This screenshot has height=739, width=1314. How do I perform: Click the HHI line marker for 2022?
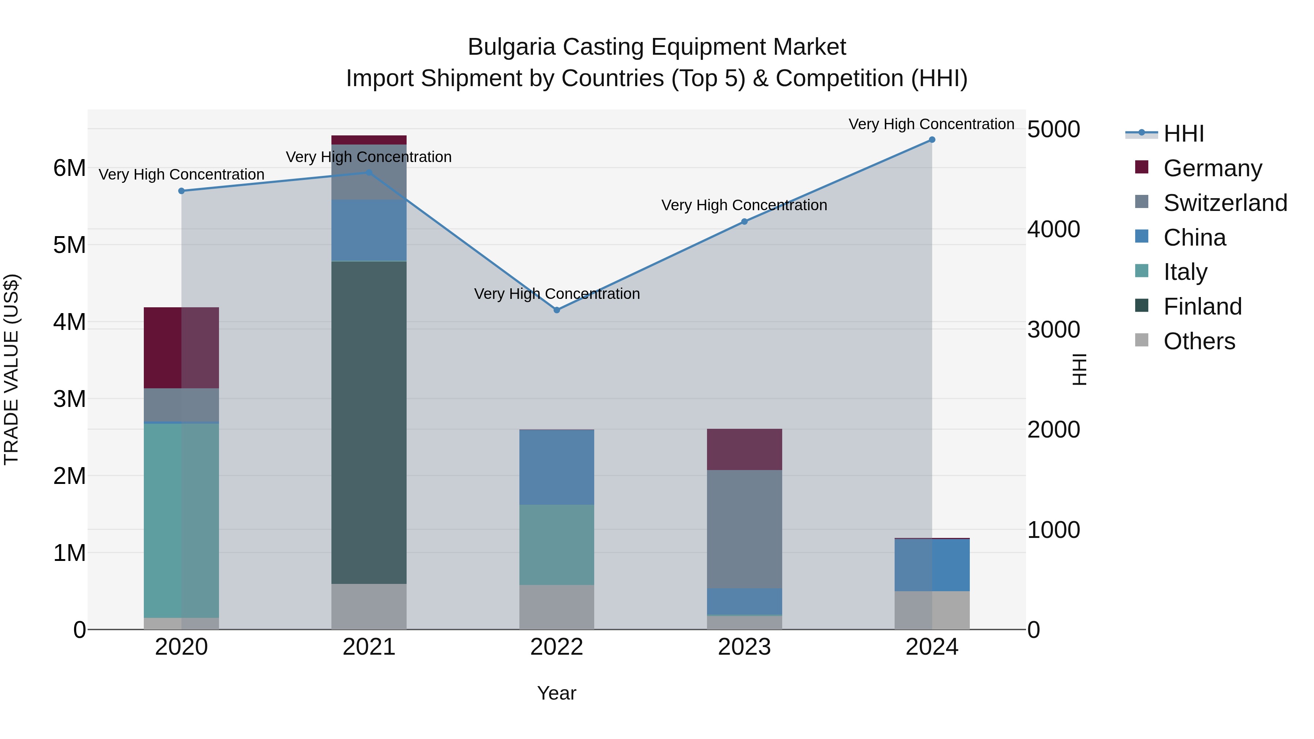click(x=557, y=310)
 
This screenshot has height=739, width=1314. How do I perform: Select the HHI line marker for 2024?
click(x=932, y=140)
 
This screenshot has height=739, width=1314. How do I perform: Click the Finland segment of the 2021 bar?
click(x=369, y=422)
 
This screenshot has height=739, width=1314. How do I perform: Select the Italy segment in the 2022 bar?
click(x=557, y=545)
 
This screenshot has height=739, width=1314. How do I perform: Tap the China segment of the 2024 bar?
click(x=932, y=565)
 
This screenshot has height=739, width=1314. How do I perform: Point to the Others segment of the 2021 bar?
click(x=369, y=607)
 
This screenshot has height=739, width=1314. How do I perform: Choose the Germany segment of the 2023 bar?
click(x=744, y=449)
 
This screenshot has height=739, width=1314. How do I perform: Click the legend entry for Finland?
click(x=1202, y=307)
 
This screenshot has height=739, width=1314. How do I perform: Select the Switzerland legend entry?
click(x=1224, y=203)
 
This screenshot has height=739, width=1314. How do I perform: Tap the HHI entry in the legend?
click(x=1183, y=134)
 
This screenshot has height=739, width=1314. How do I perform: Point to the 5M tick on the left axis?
click(x=69, y=245)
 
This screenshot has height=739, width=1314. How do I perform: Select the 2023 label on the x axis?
click(x=744, y=647)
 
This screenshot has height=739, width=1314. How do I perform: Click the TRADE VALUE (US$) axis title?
click(x=11, y=369)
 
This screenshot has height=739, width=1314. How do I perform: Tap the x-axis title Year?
click(x=557, y=693)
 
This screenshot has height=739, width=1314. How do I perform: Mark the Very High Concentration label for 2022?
click(x=557, y=294)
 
